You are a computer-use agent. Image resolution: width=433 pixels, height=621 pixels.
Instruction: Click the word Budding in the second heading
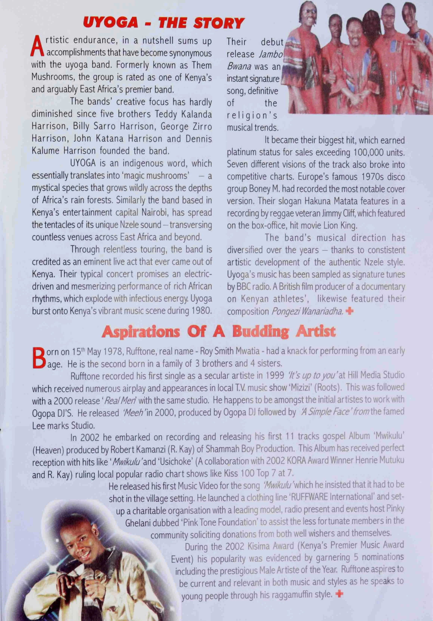(x=261, y=331)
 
